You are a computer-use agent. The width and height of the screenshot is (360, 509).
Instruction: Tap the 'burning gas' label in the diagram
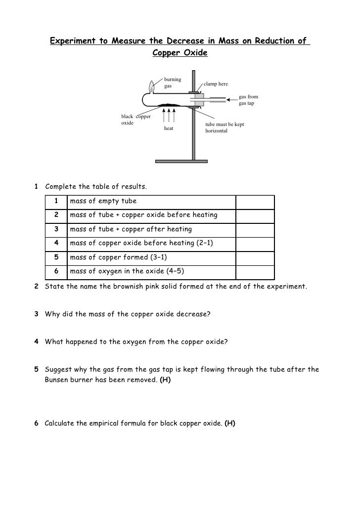(x=173, y=83)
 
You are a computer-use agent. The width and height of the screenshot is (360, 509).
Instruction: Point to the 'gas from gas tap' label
(x=248, y=100)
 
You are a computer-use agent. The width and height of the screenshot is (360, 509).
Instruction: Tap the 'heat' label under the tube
(x=169, y=128)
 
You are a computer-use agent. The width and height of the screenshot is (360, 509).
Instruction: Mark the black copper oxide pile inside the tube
(x=170, y=105)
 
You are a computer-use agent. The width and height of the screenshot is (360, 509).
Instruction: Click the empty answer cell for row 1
(x=255, y=202)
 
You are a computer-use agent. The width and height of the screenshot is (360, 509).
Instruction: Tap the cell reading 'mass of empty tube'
(x=103, y=202)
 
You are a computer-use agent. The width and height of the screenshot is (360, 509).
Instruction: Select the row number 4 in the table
(x=57, y=244)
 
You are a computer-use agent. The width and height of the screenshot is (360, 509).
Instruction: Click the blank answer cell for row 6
(x=255, y=271)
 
